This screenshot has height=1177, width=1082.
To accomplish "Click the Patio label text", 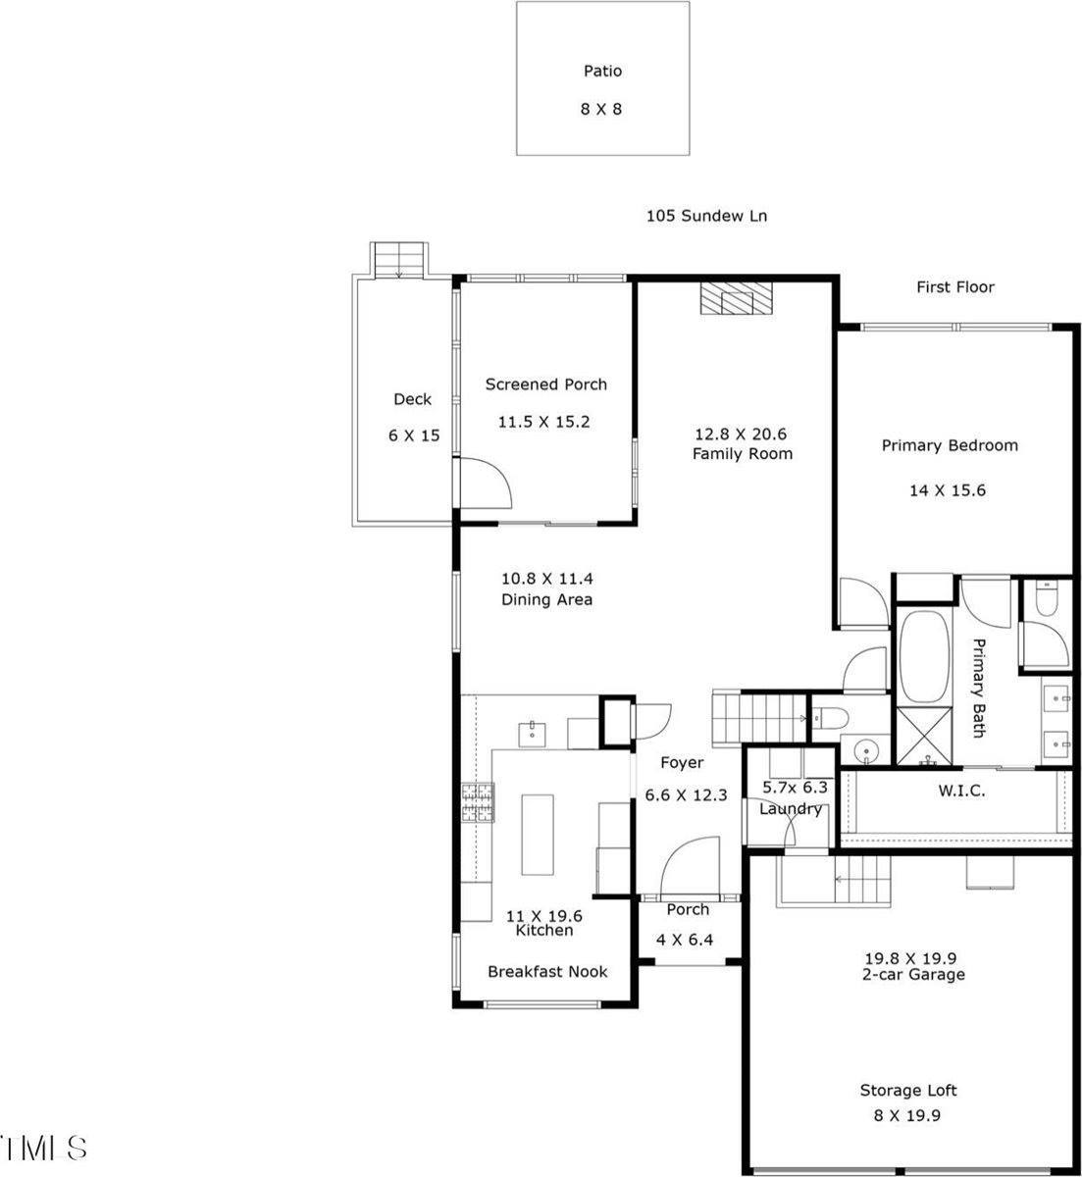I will pos(602,71).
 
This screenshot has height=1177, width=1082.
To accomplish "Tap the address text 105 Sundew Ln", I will pos(706,216).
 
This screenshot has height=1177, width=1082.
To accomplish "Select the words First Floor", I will pos(954,287).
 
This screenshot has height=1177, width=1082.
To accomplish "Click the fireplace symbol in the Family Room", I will pos(736,298).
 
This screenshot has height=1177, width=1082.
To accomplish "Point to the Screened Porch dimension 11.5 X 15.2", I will pos(545,422).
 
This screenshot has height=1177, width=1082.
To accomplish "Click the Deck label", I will pos(412,399).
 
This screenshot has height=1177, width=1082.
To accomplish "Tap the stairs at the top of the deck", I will pos(399,260).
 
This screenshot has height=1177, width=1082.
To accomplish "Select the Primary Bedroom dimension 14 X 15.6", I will pos(949,489).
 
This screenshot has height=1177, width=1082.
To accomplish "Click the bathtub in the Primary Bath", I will pos(923,656).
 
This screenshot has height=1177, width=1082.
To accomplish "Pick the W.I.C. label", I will pos(961,791).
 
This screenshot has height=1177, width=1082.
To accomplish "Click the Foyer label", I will pos(681,763).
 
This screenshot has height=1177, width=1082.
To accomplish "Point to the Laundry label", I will pos(790,809).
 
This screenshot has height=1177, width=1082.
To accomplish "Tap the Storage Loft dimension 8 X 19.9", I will pos(908,1115).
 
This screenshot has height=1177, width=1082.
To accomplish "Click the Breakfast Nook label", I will pos(547,971).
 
